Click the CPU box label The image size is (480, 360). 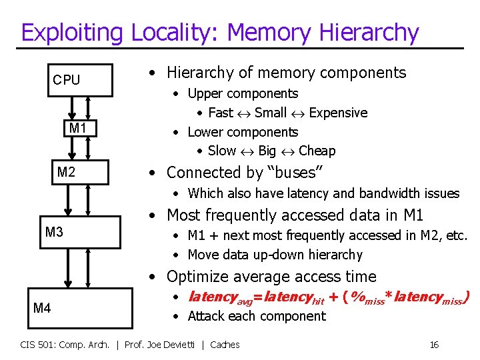point(67,81)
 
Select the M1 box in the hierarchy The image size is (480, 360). point(77,128)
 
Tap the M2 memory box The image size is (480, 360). point(66,173)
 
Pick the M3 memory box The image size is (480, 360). point(55,232)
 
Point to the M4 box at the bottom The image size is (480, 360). point(43,307)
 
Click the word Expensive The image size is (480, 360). point(338,113)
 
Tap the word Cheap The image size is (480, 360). point(317,151)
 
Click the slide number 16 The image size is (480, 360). point(434,345)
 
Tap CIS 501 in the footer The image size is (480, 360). point(36,345)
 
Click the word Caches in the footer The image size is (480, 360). point(225,345)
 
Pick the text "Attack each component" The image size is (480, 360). point(257,316)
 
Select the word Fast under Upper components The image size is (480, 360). point(221,113)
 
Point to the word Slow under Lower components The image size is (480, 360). point(222,151)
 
